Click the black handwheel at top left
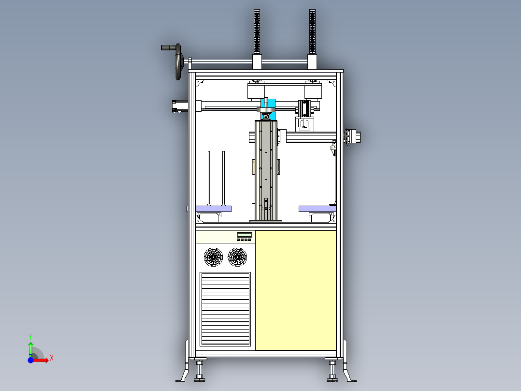(x=178, y=62)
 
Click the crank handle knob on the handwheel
(x=167, y=47)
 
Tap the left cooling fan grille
(x=213, y=257)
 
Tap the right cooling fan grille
(x=237, y=257)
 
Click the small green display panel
(x=245, y=235)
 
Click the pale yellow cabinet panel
(x=295, y=290)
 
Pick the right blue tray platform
(x=317, y=209)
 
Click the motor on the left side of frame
(x=179, y=106)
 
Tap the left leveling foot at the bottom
(x=200, y=372)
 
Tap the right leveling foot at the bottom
(x=332, y=372)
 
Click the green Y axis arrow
(x=30, y=346)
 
